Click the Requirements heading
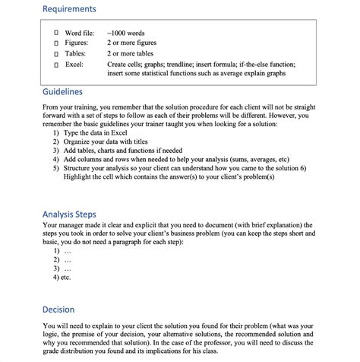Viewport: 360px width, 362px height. click(69, 9)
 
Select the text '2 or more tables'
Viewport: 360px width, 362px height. click(134, 55)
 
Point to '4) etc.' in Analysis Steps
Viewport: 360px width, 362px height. click(63, 278)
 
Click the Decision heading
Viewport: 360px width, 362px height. click(58, 310)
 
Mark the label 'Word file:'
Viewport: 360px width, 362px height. click(80, 34)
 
